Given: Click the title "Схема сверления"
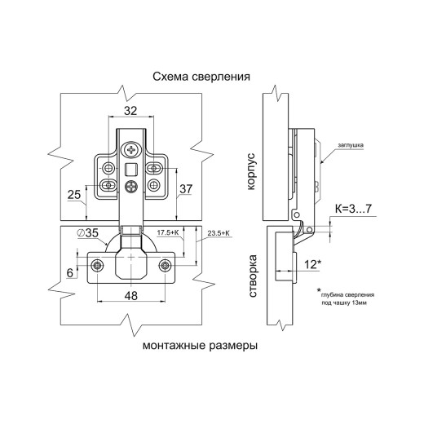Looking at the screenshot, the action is tap(201, 77).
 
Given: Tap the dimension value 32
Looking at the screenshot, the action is tap(130, 111).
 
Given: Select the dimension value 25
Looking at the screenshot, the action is tap(74, 195).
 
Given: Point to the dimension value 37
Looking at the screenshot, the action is tap(186, 189).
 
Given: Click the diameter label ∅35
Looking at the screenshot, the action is tap(87, 233).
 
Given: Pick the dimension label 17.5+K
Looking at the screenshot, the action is tap(168, 232).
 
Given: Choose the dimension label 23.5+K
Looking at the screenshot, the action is tap(219, 233).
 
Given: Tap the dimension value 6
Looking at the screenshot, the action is tap(70, 273).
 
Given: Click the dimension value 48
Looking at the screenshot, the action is tap(131, 296).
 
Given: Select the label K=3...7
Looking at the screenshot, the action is tap(353, 209).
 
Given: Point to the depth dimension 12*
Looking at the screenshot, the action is tap(313, 264).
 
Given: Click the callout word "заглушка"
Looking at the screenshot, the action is tap(351, 145).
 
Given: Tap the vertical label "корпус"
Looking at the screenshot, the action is tap(251, 171).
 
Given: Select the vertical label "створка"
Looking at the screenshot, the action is tap(253, 276).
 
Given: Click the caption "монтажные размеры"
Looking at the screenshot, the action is tap(200, 346).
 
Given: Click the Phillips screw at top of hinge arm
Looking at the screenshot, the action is tap(132, 149).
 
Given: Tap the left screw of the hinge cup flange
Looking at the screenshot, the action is tap(97, 265).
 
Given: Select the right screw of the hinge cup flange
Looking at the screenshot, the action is tap(165, 265).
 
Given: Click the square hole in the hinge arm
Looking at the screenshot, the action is tap(131, 170).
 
